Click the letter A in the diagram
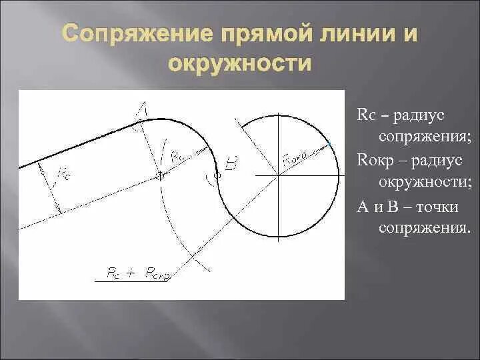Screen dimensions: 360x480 click(x=143, y=109)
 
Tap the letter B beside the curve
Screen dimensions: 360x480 click(x=230, y=165)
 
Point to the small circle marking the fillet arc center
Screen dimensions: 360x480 click(x=160, y=175)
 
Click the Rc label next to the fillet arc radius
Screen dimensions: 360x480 click(x=177, y=157)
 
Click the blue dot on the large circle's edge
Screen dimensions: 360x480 click(x=329, y=143)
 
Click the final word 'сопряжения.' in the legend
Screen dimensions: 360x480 click(x=425, y=229)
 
